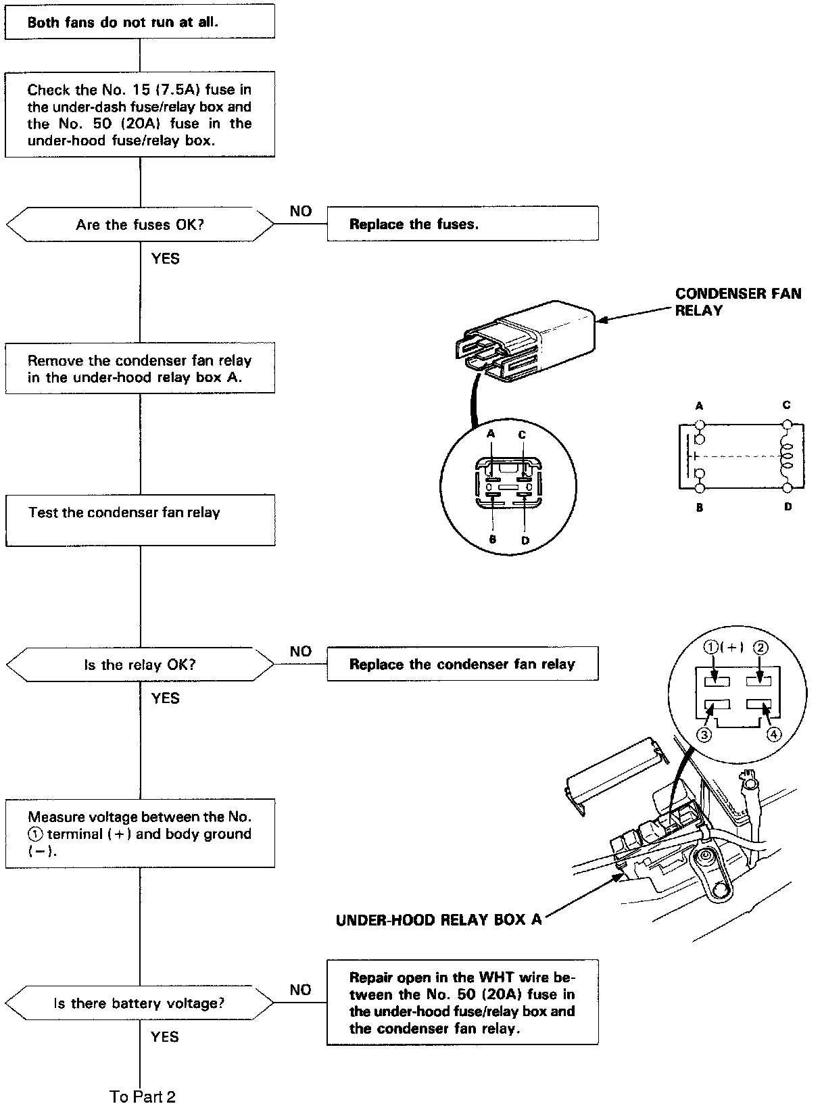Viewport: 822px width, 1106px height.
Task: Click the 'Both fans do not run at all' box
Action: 140,22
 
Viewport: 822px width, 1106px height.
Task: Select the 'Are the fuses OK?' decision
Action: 140,224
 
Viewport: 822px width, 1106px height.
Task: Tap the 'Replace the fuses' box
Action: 462,224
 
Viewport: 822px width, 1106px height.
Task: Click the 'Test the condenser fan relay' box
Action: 140,519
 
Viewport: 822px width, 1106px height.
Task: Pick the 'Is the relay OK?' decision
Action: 140,665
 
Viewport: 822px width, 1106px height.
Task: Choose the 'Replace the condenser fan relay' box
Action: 462,664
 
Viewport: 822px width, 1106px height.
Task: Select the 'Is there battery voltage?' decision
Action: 140,1003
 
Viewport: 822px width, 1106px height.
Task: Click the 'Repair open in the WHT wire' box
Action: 462,1003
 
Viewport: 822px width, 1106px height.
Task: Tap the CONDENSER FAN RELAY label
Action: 738,302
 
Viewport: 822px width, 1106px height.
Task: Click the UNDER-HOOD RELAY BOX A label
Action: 439,919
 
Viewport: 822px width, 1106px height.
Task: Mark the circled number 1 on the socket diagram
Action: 711,647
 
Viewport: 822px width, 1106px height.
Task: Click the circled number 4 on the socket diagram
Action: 773,735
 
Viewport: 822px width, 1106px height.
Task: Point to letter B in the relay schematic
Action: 700,507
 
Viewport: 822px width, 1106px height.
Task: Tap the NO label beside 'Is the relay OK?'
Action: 301,651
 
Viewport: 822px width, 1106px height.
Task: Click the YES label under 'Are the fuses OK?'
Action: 166,258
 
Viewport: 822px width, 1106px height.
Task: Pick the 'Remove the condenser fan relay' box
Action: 140,368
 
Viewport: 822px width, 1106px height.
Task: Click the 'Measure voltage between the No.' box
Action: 140,834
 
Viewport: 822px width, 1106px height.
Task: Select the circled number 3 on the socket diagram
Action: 704,735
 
